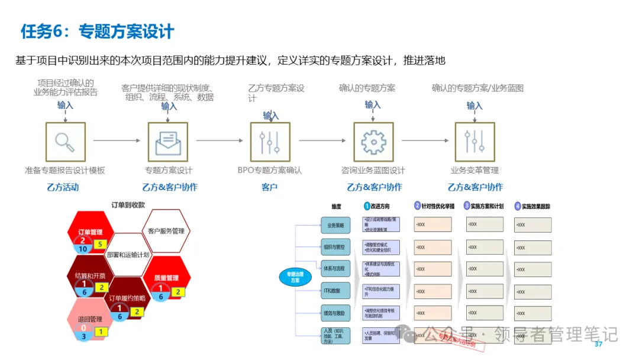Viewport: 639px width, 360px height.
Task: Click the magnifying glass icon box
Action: [65, 142]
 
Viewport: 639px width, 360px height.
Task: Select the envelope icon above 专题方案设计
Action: [168, 142]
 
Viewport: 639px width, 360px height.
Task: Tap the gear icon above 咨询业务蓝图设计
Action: [373, 142]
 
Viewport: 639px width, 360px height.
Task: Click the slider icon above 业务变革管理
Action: [475, 142]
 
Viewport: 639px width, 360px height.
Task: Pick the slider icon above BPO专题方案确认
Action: [270, 142]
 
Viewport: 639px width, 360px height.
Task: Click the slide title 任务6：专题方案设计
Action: [98, 31]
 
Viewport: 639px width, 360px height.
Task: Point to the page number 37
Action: [598, 345]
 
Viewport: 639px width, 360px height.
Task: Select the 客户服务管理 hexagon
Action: [166, 230]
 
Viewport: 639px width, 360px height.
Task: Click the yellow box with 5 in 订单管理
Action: [100, 244]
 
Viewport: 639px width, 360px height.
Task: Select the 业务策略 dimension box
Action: [335, 225]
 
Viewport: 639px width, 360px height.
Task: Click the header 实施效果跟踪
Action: [535, 207]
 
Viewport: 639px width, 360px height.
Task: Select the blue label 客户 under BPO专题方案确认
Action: [270, 187]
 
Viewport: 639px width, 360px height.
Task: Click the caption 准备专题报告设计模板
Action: [65, 171]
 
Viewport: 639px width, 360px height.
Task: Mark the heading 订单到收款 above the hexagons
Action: [128, 205]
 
